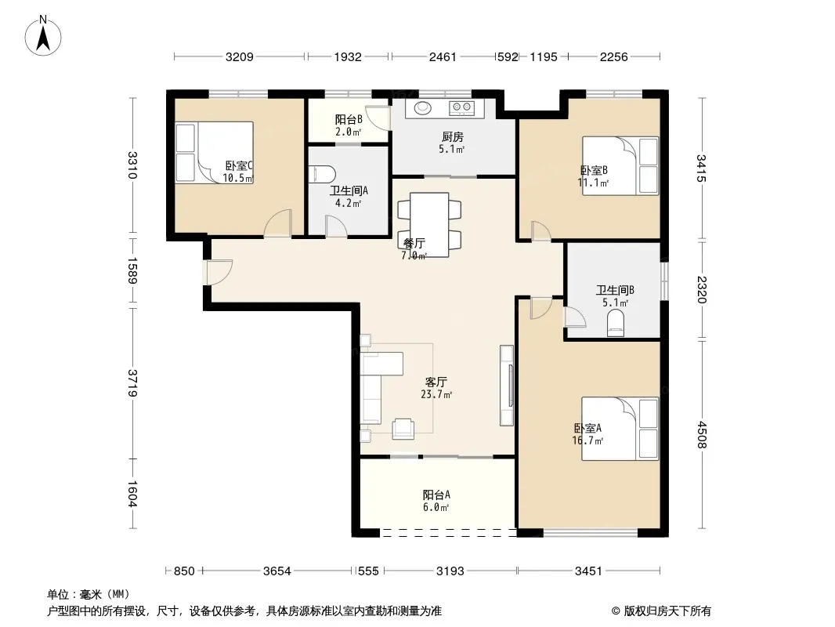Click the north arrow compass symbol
click(x=43, y=36)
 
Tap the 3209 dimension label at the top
click(x=240, y=57)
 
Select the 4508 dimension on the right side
click(x=702, y=435)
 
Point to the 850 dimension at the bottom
click(x=184, y=571)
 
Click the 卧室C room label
click(x=239, y=165)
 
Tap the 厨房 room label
click(x=452, y=137)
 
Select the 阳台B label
click(x=349, y=119)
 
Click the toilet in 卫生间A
click(x=323, y=174)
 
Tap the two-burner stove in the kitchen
click(x=461, y=108)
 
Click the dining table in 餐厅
click(x=429, y=225)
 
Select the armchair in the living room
click(x=403, y=429)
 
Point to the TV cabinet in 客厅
click(x=507, y=385)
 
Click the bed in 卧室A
click(x=620, y=428)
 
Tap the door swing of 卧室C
click(x=277, y=223)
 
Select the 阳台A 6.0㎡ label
click(x=436, y=501)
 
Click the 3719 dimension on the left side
click(x=132, y=383)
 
